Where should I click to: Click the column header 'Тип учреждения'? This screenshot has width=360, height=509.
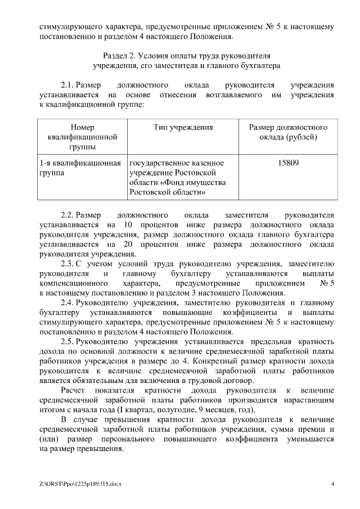pos(183,128)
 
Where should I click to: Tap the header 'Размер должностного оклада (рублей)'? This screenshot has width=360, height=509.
pos(288,132)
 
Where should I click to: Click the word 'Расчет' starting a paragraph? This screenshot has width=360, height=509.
pos(73,390)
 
